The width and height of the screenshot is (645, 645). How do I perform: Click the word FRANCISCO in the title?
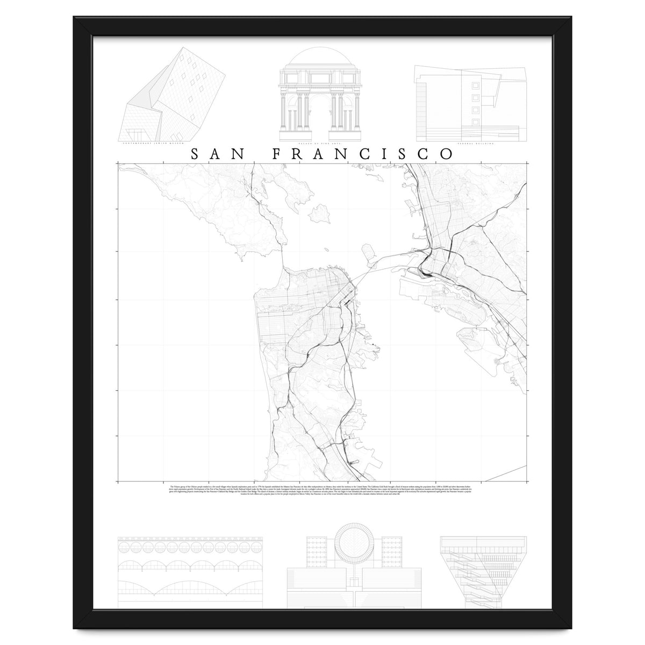[x=363, y=154]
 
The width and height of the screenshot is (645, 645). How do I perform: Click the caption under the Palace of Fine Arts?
[x=321, y=144]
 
